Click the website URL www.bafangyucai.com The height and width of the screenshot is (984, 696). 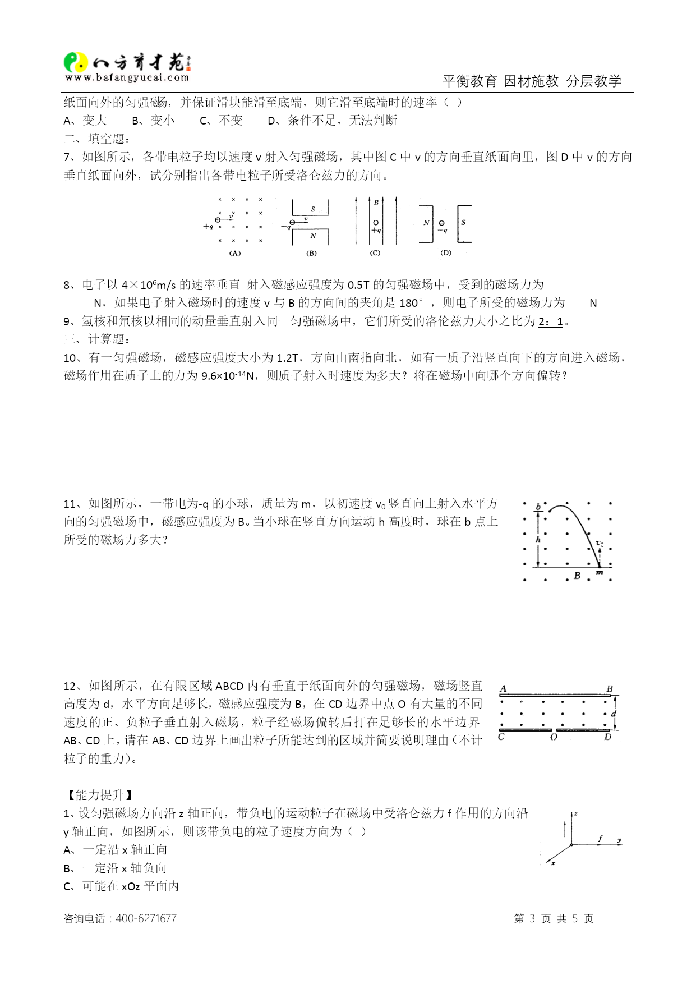coord(127,78)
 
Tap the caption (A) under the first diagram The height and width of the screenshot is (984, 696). coord(235,254)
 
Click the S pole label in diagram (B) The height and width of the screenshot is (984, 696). coord(313,209)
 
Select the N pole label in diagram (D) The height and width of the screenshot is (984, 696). coord(426,223)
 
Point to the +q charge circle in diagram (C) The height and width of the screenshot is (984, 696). coord(376,223)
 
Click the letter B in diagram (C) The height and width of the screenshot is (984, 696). coord(376,202)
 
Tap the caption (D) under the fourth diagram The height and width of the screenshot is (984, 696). coord(446,253)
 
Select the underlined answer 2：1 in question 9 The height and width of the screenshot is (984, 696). coord(550,321)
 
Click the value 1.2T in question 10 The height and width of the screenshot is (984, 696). coord(288,358)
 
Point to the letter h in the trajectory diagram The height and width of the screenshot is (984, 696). coord(538,540)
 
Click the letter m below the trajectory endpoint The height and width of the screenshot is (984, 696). coord(599,573)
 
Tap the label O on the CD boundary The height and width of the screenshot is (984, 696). coord(554,737)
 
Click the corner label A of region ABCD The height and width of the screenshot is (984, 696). coord(503,688)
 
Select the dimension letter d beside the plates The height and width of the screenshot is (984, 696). coord(614,714)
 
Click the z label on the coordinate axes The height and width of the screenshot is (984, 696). coord(575,813)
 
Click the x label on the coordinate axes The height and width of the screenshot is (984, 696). coord(553,863)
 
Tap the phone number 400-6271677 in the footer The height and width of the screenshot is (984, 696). coord(146,918)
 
